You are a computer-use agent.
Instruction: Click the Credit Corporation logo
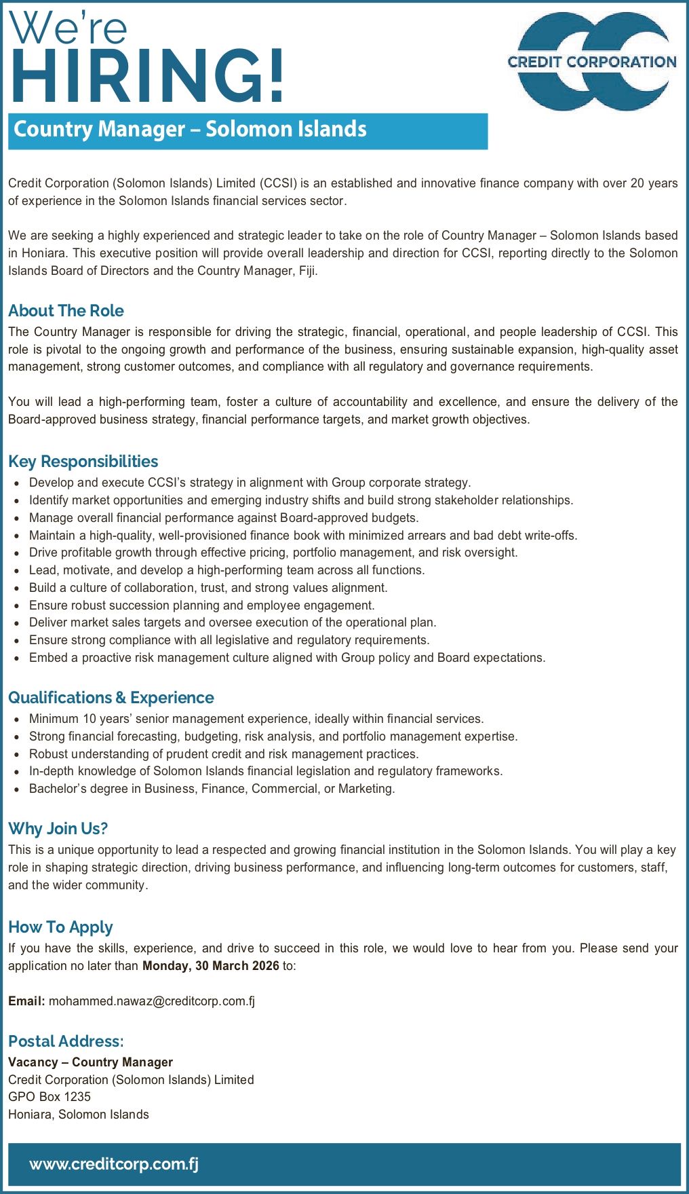592,62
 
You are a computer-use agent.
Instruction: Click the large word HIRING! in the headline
147,77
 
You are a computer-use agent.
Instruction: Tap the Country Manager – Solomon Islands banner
248,130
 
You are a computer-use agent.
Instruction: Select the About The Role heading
66,311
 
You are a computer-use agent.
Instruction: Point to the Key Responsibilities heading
83,462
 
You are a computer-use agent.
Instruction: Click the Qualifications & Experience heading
111,698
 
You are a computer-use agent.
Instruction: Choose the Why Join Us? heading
58,829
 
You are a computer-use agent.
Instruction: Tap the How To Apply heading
60,927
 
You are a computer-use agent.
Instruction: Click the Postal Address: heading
66,1041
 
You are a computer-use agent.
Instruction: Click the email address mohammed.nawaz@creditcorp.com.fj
152,1001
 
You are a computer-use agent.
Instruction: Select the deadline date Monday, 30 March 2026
210,966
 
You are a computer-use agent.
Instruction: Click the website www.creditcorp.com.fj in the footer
114,1164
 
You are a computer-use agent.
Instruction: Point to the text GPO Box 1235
50,1097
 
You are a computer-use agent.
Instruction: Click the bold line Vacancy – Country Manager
90,1062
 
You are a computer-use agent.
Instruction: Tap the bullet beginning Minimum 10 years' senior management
256,719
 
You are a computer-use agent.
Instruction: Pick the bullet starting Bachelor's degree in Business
212,789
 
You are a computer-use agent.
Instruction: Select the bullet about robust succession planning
201,605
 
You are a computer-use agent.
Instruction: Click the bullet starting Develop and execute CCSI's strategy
250,483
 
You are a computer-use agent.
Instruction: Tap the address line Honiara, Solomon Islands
79,1115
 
